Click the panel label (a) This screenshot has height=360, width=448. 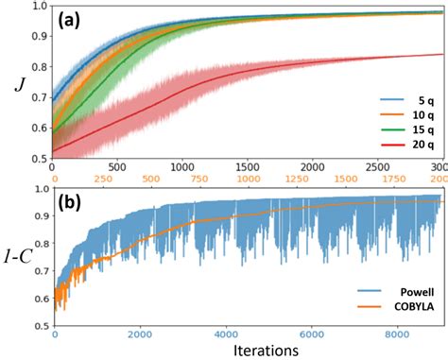click(78, 19)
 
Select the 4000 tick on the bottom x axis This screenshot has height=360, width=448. click(224, 334)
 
